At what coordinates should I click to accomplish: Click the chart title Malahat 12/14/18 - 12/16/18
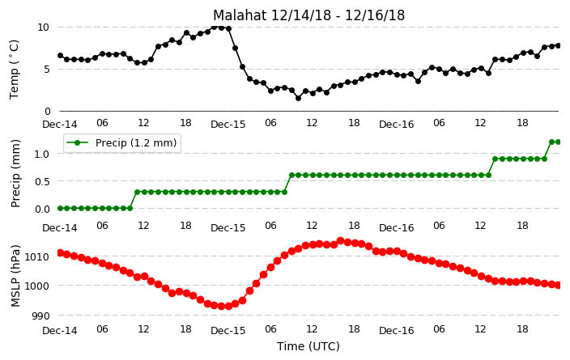[308, 15]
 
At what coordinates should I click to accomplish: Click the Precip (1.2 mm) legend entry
[122, 143]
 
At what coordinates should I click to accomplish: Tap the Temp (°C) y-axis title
[14, 70]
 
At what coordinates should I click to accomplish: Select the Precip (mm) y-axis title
[15, 174]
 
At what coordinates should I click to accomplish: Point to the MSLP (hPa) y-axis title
[15, 276]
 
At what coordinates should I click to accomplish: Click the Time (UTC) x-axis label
[308, 346]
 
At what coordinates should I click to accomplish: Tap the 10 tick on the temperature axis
[43, 28]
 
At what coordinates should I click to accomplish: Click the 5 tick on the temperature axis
[46, 70]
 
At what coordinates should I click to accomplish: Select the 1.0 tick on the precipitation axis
[42, 154]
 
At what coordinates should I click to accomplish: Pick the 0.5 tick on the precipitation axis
[42, 181]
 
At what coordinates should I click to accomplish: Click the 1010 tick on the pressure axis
[36, 256]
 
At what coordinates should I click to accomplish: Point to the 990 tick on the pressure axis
[40, 316]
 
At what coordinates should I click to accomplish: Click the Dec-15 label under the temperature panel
[228, 125]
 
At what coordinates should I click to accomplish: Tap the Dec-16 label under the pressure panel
[396, 330]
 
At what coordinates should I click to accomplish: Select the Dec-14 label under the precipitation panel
[60, 228]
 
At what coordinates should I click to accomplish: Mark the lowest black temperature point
[298, 98]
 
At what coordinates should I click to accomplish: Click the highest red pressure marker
[340, 240]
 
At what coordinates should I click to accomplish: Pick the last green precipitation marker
[558, 142]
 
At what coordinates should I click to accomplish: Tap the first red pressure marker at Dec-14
[61, 253]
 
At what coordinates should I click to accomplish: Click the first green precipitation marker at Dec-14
[61, 208]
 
